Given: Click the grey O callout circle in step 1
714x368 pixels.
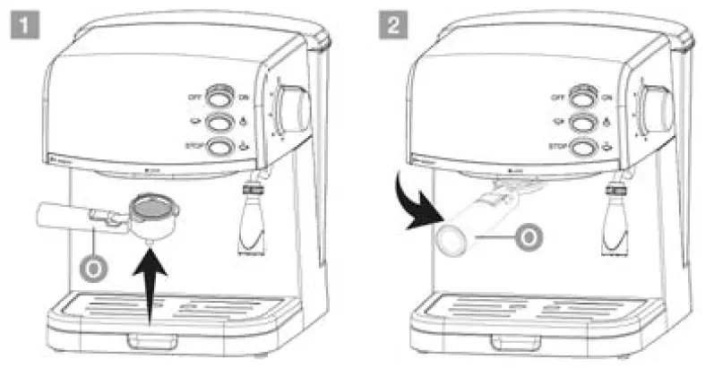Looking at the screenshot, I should [90, 268].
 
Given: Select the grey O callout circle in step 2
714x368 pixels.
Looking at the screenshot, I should [530, 238].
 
